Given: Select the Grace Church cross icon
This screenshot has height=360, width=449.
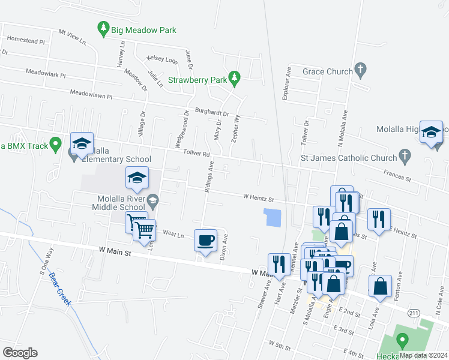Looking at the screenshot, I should (360, 71).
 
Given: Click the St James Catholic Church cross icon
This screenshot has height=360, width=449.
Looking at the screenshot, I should (405, 158).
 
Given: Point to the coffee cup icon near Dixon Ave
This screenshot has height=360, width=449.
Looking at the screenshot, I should (205, 241).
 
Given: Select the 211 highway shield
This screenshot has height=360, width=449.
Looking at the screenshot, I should (414, 313).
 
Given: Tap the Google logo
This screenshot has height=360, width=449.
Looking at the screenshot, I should (20, 353).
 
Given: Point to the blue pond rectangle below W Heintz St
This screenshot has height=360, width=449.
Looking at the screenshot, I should (273, 217).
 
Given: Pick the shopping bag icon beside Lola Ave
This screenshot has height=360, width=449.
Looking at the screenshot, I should (381, 287).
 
